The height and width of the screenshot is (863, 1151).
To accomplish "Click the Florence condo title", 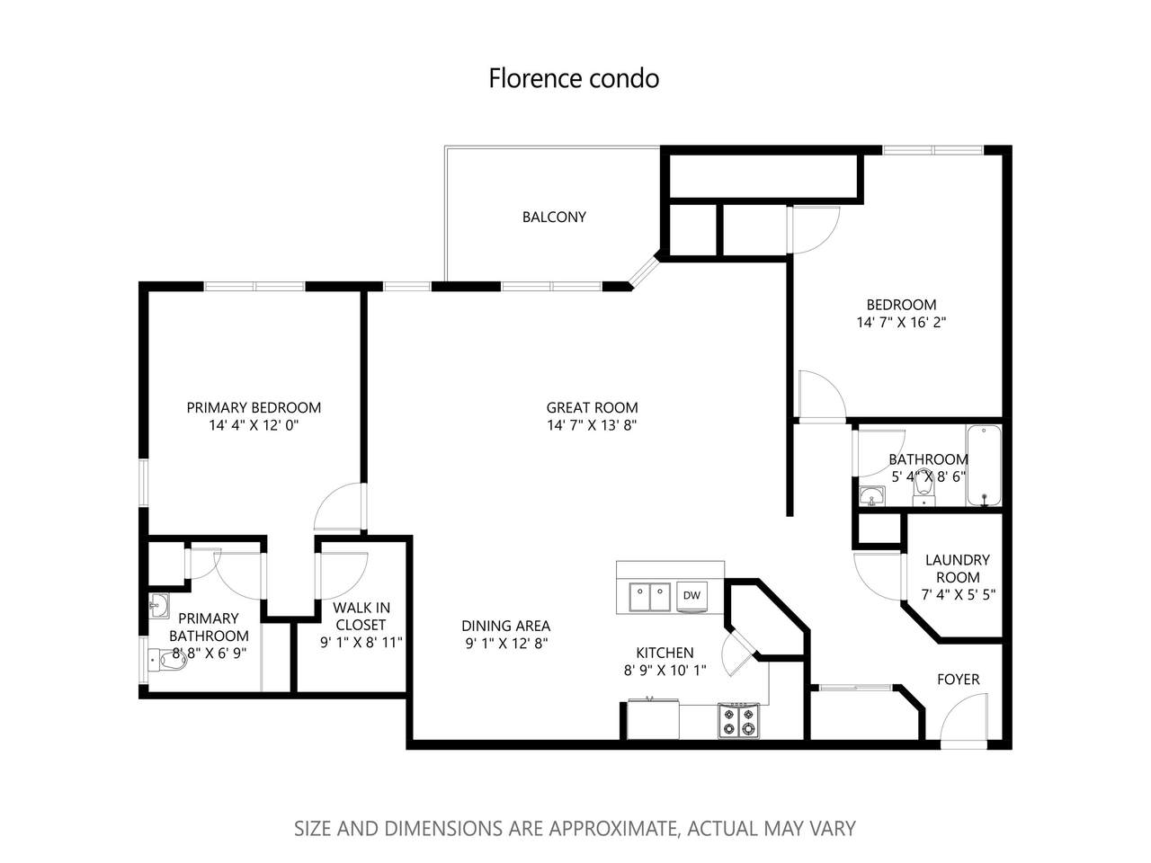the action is [574, 78].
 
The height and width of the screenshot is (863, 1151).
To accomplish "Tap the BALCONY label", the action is [554, 217].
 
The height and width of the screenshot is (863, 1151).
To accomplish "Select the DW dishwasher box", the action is [691, 595].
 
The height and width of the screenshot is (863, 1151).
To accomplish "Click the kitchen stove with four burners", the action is [738, 721].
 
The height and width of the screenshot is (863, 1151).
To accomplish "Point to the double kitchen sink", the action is [650, 597].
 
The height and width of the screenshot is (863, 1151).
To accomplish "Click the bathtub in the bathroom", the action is [984, 466].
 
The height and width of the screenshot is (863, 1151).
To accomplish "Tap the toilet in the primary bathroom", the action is [168, 662].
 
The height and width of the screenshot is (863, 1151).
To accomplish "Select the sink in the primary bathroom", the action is [159, 606].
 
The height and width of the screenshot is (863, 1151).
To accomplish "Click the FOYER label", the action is [958, 680].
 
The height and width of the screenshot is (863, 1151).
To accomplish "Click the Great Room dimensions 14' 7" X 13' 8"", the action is [592, 425].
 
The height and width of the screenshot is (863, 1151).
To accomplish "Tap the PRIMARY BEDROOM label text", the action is [254, 407].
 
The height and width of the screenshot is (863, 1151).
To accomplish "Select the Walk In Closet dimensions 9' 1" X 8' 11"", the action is [361, 643].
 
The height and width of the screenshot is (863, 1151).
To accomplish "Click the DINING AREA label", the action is [506, 626].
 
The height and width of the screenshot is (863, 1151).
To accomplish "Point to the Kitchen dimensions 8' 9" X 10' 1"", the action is [665, 671].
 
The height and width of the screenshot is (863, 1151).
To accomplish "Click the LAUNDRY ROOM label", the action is [958, 568].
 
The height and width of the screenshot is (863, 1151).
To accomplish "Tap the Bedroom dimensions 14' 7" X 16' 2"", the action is [901, 322].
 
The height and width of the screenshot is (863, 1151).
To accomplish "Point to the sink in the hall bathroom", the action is [871, 495].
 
